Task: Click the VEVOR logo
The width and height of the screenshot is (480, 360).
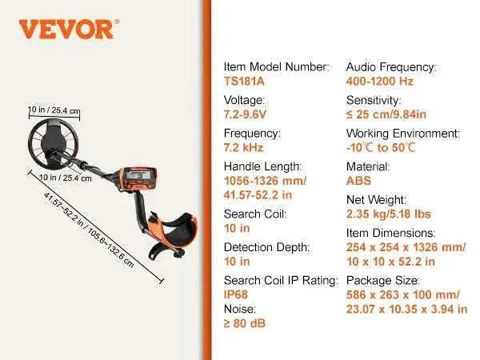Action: pos(69,30)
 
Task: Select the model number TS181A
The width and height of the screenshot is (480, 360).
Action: pos(244,82)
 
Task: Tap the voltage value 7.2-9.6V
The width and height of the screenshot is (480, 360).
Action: pos(245,114)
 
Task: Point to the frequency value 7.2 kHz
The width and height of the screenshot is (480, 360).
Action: pos(244,147)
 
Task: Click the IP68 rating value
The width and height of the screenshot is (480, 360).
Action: pos(236,294)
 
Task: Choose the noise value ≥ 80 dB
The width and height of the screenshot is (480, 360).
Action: pos(245,323)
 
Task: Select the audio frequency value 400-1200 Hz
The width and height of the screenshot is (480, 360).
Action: pos(379,82)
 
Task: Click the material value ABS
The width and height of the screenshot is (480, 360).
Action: pos(358,181)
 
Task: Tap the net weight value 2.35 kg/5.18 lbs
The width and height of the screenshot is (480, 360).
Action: pos(389,214)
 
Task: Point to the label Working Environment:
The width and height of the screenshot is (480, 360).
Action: pos(403,134)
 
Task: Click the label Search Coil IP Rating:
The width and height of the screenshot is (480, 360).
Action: pos(281,281)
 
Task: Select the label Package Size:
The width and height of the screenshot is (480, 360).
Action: pos(382,281)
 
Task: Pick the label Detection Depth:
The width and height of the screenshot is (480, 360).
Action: pos(266,247)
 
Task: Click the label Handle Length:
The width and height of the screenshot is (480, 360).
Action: pos(262,166)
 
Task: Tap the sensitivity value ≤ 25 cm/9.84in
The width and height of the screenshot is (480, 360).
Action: pos(386,114)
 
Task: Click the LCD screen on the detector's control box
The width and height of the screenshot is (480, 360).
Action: pos(138,175)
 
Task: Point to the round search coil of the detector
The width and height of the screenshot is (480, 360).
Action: pos(53,143)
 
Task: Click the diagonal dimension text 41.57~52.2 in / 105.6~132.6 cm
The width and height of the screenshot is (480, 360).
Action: pos(89,230)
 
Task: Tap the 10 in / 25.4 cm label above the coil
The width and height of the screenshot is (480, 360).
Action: pos(54,110)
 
